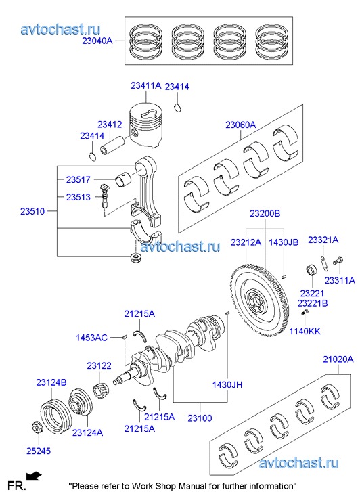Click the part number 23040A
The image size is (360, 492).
[97, 41]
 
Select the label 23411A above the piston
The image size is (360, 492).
[146, 85]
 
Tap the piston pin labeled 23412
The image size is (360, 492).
[112, 146]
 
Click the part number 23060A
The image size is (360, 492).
[241, 125]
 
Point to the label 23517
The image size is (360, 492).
[78, 180]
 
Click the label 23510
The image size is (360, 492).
[32, 211]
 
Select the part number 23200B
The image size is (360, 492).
[265, 213]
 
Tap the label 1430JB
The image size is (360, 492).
[284, 242]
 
